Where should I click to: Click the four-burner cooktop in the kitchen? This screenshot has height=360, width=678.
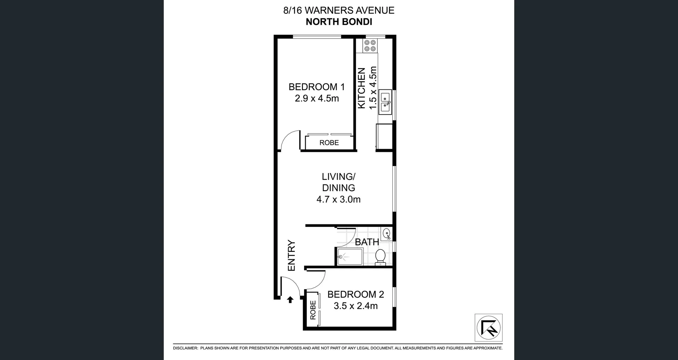point(370,46)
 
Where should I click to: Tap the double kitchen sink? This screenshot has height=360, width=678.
point(385,102)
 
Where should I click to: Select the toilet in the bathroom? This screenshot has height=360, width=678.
point(380,257)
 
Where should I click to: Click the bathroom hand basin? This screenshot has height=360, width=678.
point(387,234)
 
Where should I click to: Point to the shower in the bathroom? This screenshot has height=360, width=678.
point(349,257)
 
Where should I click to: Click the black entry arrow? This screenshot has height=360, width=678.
point(290,300)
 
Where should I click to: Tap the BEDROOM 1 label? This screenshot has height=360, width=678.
point(316,87)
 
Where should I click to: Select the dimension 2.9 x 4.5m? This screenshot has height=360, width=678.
point(317,98)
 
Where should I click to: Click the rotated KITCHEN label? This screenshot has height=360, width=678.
point(361,88)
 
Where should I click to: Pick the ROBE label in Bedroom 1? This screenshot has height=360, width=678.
point(329,143)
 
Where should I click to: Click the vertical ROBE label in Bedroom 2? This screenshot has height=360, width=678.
point(313,310)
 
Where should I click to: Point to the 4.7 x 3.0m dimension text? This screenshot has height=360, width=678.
point(338,199)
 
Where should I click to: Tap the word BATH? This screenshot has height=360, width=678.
point(367,242)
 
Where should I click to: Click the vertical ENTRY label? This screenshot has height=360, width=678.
point(291,255)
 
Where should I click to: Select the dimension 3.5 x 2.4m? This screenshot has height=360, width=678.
point(356,306)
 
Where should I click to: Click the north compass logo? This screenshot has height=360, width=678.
point(488,327)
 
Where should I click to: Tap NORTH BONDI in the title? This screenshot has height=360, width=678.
point(339,22)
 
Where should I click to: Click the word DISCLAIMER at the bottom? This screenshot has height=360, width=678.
point(185,348)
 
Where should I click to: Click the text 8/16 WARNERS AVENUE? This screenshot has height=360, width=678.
point(339,11)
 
